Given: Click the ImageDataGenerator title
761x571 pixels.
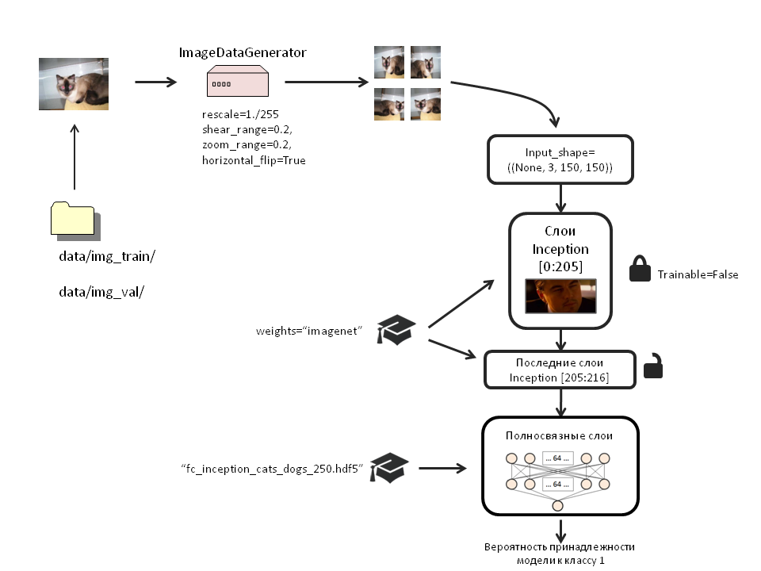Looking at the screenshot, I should point(243,52).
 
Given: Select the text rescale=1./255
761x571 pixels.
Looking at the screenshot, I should point(235,115).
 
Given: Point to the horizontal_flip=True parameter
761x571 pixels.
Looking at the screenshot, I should point(254,160).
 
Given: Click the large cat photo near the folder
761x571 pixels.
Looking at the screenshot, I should point(74,82).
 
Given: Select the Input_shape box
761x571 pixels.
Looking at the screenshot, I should point(560,159).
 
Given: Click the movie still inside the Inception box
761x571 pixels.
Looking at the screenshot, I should point(560,297).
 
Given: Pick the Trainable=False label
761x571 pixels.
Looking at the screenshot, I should point(698,274).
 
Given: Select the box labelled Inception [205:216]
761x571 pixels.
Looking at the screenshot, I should point(560,370).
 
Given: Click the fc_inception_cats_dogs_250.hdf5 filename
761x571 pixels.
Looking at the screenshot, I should point(272,469).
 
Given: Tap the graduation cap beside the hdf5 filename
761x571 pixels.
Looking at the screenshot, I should point(391,468).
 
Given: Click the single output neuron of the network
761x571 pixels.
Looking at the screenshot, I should point(558,506).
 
